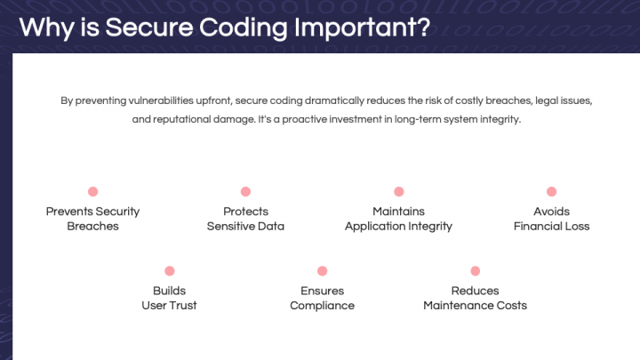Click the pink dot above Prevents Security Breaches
(x=92, y=192)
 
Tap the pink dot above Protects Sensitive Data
(x=245, y=192)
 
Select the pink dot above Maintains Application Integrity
(x=398, y=192)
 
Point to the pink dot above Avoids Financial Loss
(x=551, y=192)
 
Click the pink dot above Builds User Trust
(x=169, y=271)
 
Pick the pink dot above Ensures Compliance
(x=322, y=271)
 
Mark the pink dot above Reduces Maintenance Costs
(x=475, y=271)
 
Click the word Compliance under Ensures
(x=322, y=306)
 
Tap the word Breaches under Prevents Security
(x=92, y=226)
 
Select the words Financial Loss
(x=551, y=226)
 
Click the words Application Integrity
(x=398, y=226)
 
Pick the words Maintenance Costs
(x=475, y=306)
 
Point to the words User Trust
(x=169, y=306)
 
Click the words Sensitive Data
(x=245, y=226)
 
